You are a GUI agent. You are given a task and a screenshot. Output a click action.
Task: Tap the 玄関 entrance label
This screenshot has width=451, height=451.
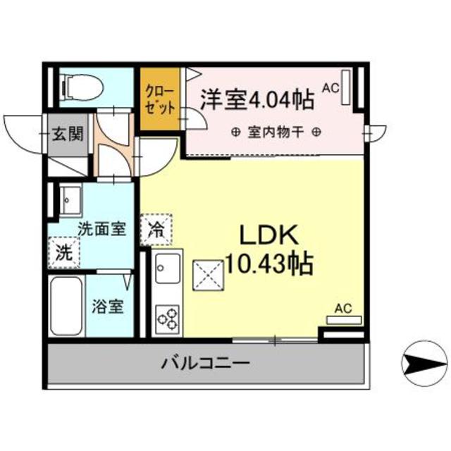pos(69,134)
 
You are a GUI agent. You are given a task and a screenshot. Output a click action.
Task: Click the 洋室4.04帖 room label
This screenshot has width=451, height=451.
pos(257,99)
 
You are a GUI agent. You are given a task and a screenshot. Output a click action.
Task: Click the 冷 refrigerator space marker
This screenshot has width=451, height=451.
pos(155,228)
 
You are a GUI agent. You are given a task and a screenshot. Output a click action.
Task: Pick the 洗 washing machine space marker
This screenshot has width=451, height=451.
pos(64,253)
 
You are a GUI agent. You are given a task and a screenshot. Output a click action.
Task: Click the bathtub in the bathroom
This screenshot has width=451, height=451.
pos(67,306)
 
